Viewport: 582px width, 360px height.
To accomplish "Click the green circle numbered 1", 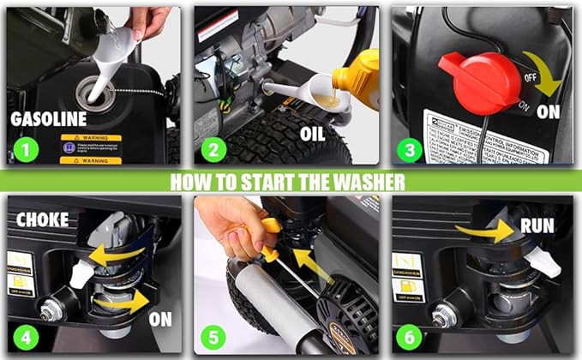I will [x=29, y=151].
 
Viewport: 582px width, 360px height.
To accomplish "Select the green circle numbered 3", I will [x=411, y=151].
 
